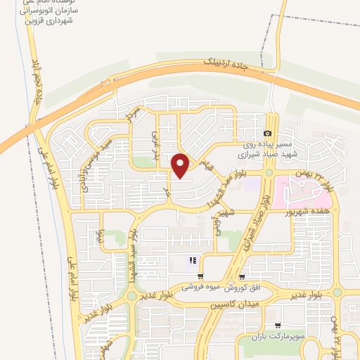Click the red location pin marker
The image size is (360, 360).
pyautogui.click(x=181, y=165)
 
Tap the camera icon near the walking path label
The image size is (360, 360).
pyautogui.click(x=267, y=134)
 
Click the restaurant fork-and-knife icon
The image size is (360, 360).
pyautogui.click(x=192, y=262)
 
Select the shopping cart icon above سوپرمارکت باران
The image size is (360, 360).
pyautogui.click(x=278, y=326)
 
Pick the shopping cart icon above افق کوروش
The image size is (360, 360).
pyautogui.click(x=242, y=276)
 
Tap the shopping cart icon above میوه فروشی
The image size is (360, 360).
pyautogui.click(x=201, y=276)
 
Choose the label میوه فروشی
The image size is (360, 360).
pyautogui.click(x=202, y=288)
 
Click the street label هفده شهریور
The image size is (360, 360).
pyautogui.click(x=312, y=210)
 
